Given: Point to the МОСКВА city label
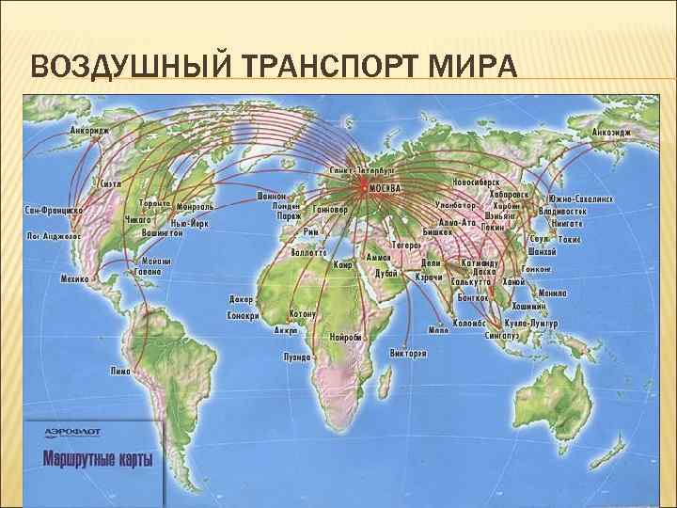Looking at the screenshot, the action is tap(385, 188).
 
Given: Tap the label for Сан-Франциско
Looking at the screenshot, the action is tap(55, 210).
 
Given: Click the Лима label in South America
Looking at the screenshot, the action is tap(119, 371).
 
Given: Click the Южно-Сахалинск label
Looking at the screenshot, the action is tap(581, 199).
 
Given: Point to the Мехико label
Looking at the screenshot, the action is tap(75, 278).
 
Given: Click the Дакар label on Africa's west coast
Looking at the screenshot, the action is tap(239, 300).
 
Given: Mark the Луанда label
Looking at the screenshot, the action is tap(298, 357).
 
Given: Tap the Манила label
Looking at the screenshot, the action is tap(553, 294).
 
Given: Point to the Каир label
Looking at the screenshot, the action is tap(342, 264).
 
